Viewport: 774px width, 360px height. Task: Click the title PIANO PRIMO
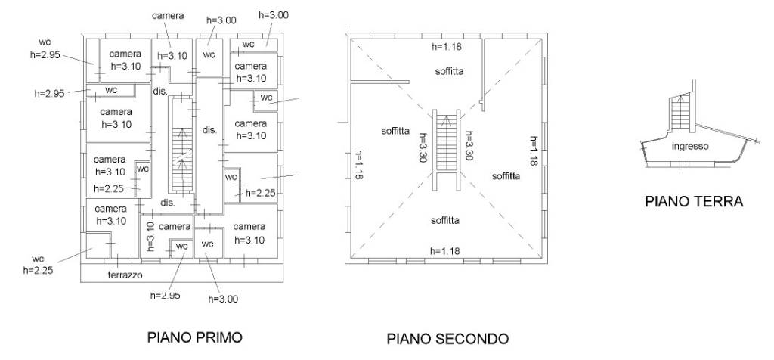tap(195, 337)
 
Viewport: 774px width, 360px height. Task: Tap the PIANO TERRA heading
tap(693, 202)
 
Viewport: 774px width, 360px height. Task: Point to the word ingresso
tap(690, 147)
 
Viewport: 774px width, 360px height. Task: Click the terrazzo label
tap(125, 275)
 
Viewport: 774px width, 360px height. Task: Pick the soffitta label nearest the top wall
tap(449, 71)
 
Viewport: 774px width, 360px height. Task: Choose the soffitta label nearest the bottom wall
tap(446, 221)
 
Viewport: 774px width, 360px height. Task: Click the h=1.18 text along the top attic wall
tap(446, 47)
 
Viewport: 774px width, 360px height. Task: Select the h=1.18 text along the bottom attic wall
tap(444, 251)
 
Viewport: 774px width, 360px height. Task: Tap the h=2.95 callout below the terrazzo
tap(166, 295)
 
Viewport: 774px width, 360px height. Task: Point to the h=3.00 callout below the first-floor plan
tap(222, 299)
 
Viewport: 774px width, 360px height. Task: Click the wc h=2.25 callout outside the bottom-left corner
tap(38, 264)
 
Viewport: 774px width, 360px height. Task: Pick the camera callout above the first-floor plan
tap(168, 15)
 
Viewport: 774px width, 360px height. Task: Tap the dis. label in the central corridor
tap(209, 130)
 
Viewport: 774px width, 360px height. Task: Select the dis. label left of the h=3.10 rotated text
tap(168, 203)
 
